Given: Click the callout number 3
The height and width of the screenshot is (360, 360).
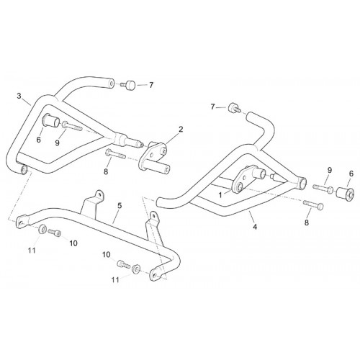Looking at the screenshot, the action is click(19, 96).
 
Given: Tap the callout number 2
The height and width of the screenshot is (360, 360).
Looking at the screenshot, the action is click(181, 130).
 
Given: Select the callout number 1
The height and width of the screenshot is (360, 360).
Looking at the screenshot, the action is click(220, 195).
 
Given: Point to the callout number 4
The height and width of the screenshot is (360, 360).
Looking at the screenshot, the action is click(255, 226).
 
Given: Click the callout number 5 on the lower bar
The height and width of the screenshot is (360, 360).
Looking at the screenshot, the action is click(120, 206).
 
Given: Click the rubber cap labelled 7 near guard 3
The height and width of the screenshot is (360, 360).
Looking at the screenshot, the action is click(129, 85).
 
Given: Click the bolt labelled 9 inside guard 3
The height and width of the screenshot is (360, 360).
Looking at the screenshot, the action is click(72, 126).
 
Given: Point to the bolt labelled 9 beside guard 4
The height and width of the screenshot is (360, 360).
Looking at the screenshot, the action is click(323, 188).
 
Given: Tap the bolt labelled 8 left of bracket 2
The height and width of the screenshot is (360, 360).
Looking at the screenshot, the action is click(115, 154).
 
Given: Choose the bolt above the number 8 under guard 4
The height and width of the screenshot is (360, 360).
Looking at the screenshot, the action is click(313, 204).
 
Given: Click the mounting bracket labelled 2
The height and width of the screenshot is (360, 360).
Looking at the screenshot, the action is click(154, 158).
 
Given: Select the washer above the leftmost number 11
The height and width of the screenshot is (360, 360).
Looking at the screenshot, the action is click(42, 229).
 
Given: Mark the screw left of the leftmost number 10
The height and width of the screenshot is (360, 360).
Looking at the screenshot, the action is click(55, 232).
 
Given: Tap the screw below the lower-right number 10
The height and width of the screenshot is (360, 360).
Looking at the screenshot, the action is click(123, 264).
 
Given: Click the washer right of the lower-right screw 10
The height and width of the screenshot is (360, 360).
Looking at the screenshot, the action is click(136, 269).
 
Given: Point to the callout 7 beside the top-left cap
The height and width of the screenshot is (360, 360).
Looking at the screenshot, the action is click(151, 85).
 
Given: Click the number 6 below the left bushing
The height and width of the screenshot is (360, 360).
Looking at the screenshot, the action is click(39, 140).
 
